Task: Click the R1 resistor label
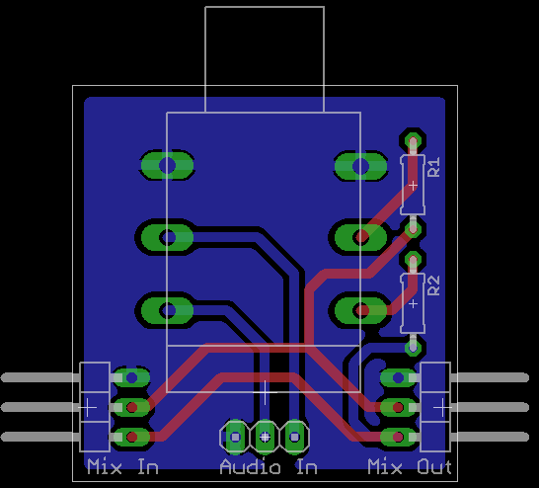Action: pyautogui.click(x=433, y=167)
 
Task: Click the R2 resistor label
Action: pyautogui.click(x=433, y=285)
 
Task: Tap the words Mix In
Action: pyautogui.click(x=122, y=466)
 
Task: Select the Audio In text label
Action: pyautogui.click(x=269, y=466)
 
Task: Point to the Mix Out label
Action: pyautogui.click(x=410, y=466)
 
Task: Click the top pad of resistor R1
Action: pyautogui.click(x=413, y=141)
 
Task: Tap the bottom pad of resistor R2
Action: pyautogui.click(x=413, y=348)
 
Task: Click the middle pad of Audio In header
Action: pyautogui.click(x=265, y=437)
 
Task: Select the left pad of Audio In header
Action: pyautogui.click(x=235, y=437)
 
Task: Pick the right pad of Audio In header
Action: pyautogui.click(x=294, y=437)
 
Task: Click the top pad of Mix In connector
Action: pyautogui.click(x=131, y=377)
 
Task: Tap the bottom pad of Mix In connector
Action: pyautogui.click(x=131, y=437)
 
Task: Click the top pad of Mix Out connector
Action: pyautogui.click(x=398, y=377)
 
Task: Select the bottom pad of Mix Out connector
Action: pyautogui.click(x=398, y=437)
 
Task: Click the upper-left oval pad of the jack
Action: pyautogui.click(x=168, y=165)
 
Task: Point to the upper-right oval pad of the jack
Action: pyautogui.click(x=361, y=166)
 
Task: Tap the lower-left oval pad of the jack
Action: pyautogui.click(x=168, y=310)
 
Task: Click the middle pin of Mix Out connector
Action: pyautogui.click(x=398, y=407)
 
